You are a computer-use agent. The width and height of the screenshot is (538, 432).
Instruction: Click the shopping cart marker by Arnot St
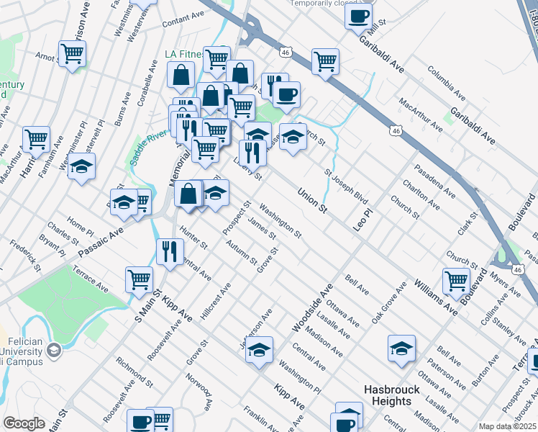tap(72, 53)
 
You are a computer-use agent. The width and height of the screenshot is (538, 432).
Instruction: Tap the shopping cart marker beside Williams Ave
tap(456, 281)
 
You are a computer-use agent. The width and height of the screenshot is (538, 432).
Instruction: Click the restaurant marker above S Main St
tap(169, 251)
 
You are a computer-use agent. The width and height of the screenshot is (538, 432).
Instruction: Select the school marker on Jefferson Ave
tap(260, 350)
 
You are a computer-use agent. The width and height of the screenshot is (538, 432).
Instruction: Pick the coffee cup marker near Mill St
tap(358, 16)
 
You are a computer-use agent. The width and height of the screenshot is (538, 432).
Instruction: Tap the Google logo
tap(24, 423)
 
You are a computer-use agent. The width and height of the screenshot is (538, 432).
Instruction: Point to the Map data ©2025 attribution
tap(507, 426)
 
